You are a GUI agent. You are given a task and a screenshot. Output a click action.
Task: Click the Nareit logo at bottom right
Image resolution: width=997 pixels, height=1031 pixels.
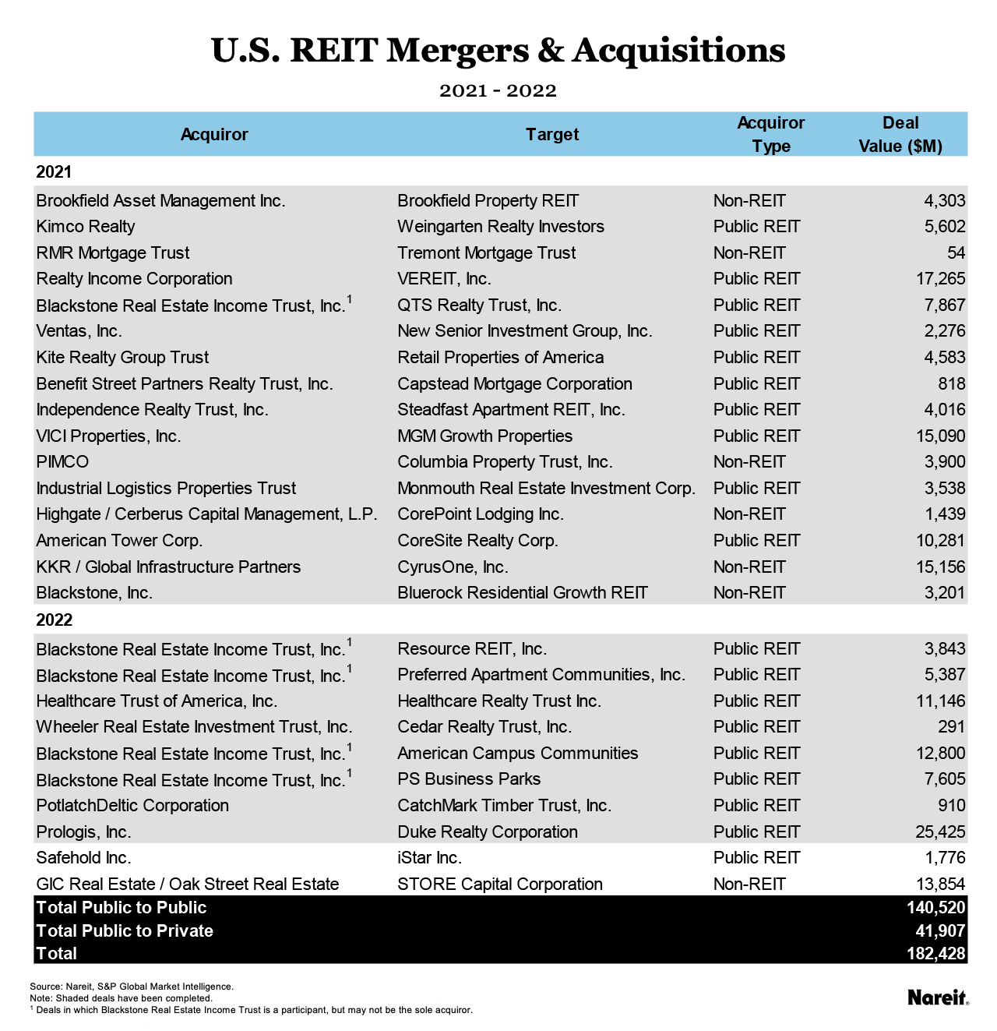click(938, 997)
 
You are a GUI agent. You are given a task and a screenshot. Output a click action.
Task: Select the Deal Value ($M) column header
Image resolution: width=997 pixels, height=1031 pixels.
click(900, 134)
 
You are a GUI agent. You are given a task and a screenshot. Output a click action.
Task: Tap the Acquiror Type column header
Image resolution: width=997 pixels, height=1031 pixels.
click(770, 134)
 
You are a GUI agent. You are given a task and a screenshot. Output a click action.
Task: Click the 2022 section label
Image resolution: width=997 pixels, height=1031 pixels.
click(55, 620)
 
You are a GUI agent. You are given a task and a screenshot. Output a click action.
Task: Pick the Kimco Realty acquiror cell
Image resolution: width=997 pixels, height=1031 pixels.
click(86, 227)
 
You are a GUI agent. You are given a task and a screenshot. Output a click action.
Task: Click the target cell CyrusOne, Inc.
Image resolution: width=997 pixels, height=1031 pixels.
click(453, 567)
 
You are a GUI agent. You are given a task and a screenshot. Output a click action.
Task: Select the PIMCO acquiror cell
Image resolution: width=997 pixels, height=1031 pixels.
click(62, 462)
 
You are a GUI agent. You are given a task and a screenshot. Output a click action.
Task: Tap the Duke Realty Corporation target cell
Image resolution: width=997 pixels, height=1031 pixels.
click(488, 832)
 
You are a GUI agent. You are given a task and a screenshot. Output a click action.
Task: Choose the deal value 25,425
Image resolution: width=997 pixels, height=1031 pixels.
click(940, 832)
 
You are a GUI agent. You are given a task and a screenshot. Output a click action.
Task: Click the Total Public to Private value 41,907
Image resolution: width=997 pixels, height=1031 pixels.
click(940, 930)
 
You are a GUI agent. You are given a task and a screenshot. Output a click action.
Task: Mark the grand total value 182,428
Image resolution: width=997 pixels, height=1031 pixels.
click(936, 954)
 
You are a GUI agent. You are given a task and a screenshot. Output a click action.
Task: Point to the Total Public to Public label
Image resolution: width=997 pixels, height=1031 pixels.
click(122, 908)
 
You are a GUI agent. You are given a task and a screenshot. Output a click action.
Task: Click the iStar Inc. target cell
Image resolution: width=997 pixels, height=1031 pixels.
click(429, 858)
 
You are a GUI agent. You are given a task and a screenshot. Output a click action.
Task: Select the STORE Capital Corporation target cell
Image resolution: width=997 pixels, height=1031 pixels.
click(500, 884)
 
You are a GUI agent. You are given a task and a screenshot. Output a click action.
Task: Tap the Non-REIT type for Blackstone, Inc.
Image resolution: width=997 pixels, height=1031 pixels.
click(749, 593)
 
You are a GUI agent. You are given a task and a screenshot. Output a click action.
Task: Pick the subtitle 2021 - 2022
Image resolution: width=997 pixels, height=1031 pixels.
click(498, 91)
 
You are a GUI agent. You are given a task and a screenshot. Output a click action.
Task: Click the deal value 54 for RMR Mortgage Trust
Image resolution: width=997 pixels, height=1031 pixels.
click(956, 253)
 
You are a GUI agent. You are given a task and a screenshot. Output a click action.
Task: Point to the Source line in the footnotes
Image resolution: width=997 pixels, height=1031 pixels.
click(131, 987)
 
